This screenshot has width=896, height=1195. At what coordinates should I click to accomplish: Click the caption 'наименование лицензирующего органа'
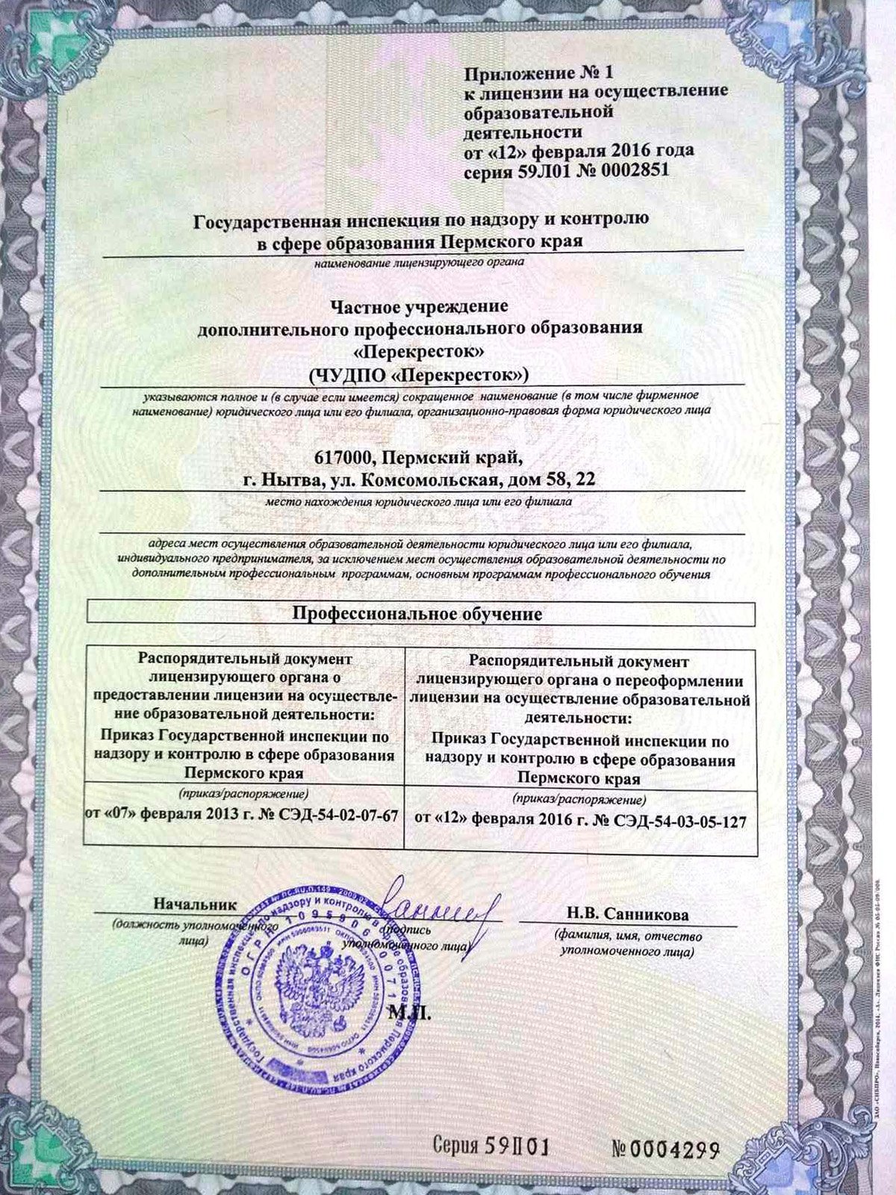(419, 262)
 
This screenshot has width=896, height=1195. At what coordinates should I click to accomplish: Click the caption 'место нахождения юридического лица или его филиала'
(419, 502)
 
